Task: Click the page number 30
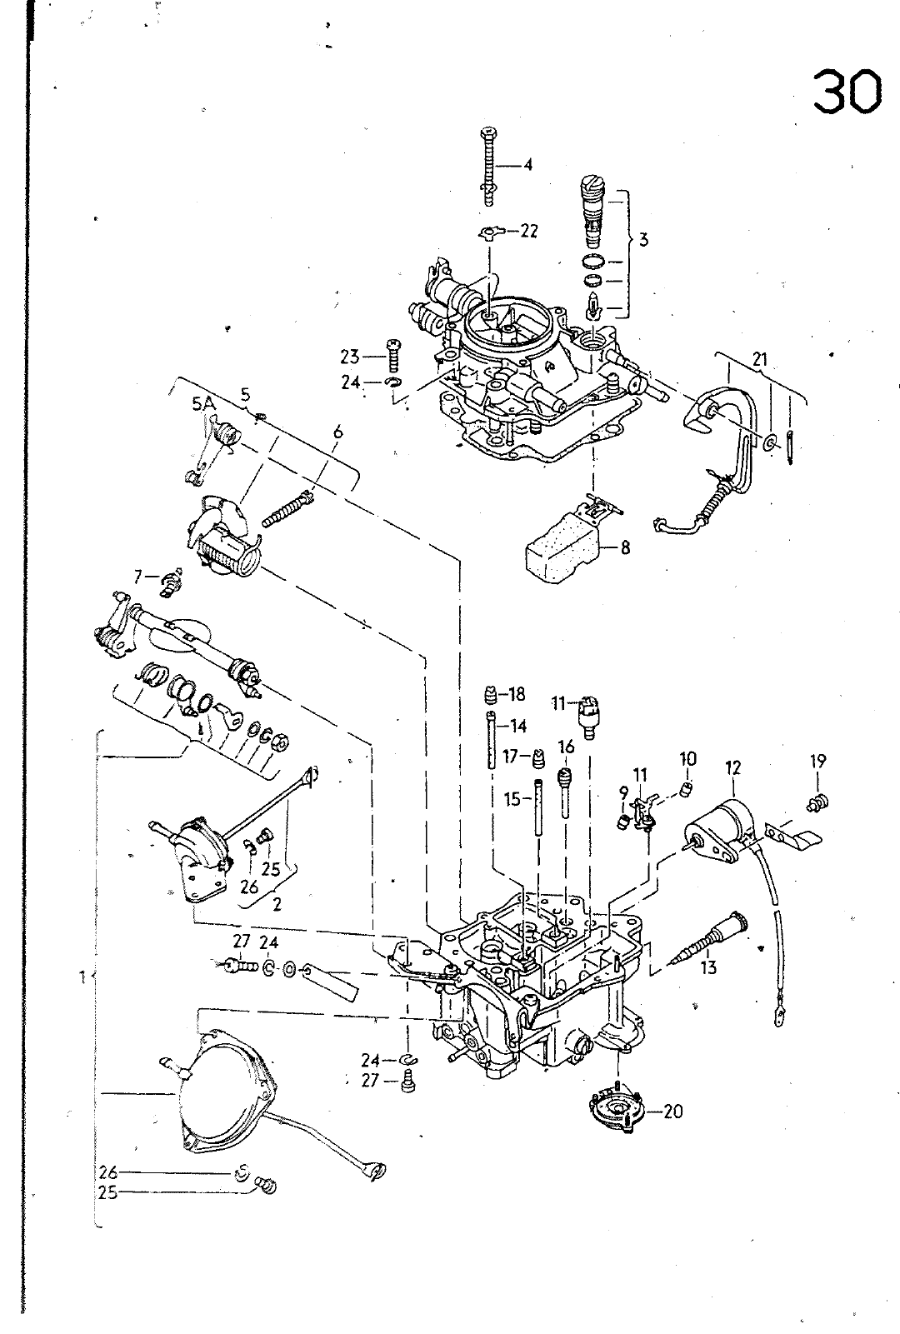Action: click(847, 92)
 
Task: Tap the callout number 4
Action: click(527, 164)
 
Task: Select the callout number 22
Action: click(529, 231)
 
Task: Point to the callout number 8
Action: click(625, 547)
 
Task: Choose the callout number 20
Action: click(673, 1112)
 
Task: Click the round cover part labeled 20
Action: click(617, 1110)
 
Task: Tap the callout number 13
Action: click(708, 967)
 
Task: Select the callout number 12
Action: click(732, 767)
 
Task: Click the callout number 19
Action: click(817, 761)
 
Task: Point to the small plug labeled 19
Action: click(818, 804)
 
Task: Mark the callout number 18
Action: click(516, 694)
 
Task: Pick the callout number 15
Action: click(513, 799)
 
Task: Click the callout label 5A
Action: click(203, 405)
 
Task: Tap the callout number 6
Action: click(337, 432)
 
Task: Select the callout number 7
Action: click(138, 577)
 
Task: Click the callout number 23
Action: click(350, 357)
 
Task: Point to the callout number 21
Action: click(759, 359)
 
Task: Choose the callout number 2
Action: click(277, 904)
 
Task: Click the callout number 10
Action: click(687, 759)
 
